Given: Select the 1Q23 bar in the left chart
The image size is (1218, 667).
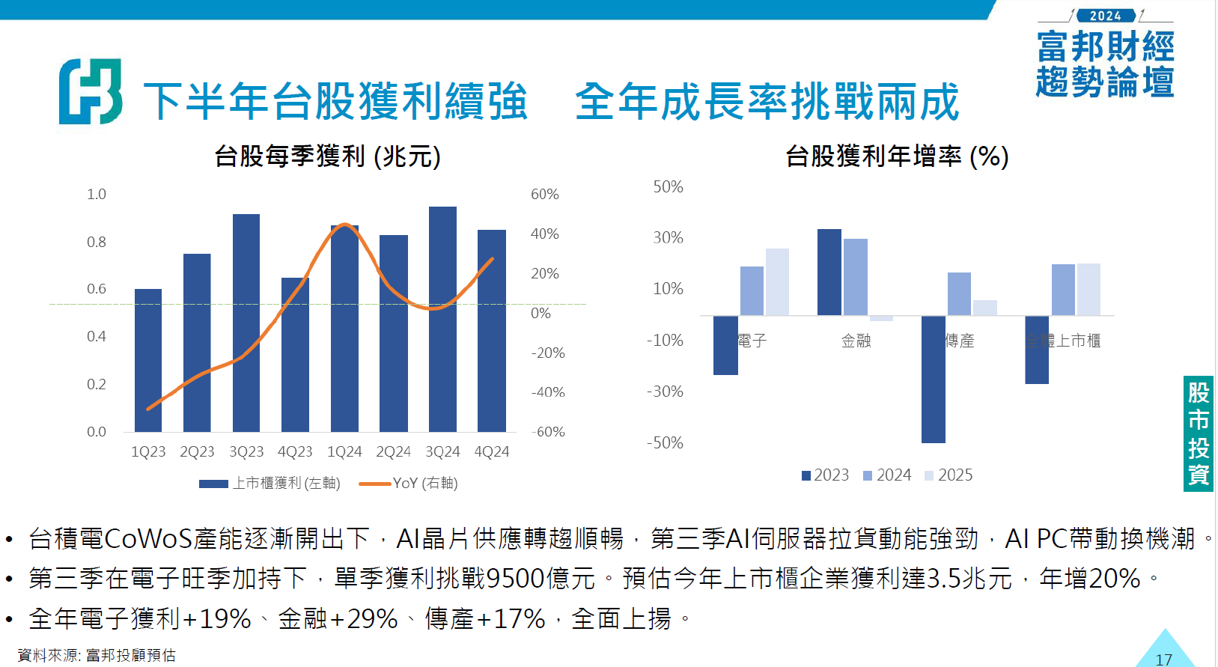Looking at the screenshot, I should [x=148, y=360].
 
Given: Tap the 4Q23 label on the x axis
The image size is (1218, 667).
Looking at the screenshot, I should [x=295, y=452].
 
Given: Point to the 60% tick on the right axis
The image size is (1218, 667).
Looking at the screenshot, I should [x=545, y=195].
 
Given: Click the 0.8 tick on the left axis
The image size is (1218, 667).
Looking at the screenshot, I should [x=97, y=242].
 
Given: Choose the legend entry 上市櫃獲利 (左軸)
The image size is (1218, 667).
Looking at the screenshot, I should [x=270, y=484].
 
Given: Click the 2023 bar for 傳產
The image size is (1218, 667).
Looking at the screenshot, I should [x=934, y=379].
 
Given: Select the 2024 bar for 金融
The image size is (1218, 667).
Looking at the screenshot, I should [x=856, y=277].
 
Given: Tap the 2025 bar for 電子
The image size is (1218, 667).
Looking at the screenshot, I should [x=777, y=281].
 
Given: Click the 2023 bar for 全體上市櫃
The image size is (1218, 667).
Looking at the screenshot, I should [x=1037, y=350].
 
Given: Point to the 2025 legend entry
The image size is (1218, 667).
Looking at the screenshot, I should [x=948, y=475].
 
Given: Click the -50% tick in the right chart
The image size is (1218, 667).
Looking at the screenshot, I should [x=666, y=443].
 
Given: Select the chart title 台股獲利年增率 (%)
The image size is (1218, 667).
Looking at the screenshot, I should [x=897, y=156].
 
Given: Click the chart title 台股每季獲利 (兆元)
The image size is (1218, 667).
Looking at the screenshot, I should [x=327, y=156].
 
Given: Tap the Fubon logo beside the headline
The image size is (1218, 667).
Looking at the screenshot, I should [x=91, y=91].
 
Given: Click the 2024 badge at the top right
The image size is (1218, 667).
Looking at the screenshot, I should [x=1105, y=16].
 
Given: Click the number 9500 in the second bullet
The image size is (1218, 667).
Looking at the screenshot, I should [x=516, y=579].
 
